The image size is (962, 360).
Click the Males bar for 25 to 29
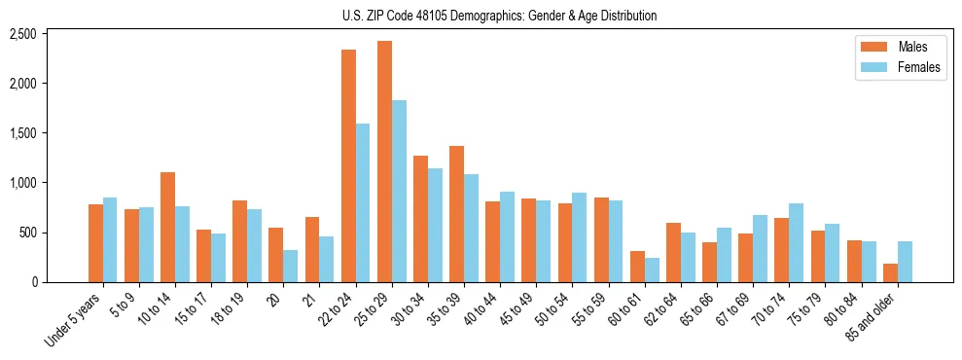point(384,162)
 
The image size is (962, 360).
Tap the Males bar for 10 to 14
point(167,227)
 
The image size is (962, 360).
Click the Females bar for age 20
point(291,266)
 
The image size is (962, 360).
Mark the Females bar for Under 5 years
point(110,239)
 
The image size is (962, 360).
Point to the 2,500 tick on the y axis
point(22,34)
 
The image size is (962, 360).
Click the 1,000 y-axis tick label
point(22,183)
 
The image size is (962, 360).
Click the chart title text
point(499,16)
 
